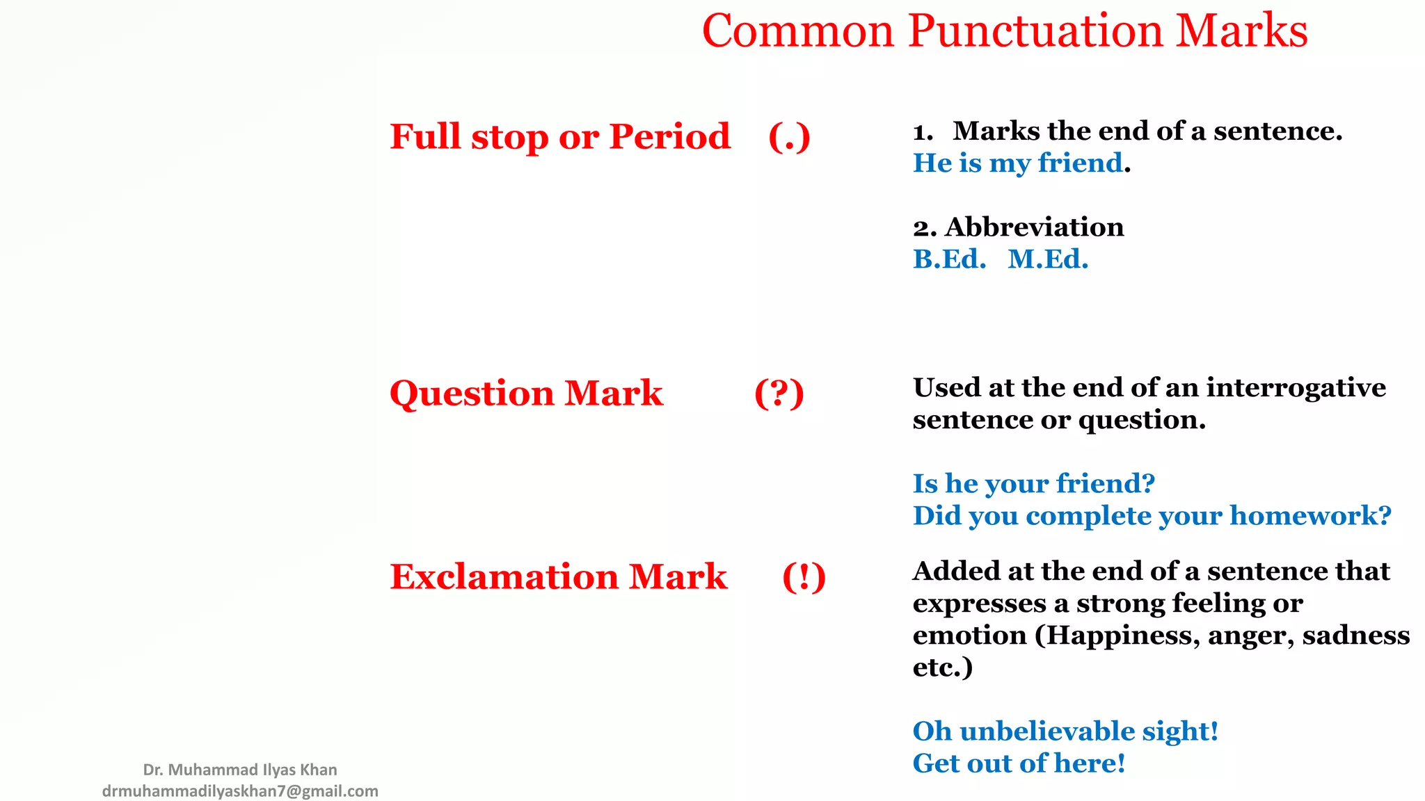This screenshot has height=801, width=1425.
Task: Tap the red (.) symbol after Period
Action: click(789, 137)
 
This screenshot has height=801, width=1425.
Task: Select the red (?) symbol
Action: click(779, 394)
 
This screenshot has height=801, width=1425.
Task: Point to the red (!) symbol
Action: click(804, 577)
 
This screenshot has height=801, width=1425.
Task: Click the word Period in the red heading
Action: click(669, 136)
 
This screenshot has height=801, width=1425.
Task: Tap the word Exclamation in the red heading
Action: click(504, 577)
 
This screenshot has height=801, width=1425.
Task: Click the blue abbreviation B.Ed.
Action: click(949, 259)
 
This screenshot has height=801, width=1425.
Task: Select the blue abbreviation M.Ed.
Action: click(1048, 259)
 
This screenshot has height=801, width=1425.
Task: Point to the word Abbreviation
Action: click(1034, 227)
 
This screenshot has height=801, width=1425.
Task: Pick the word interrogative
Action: click(1296, 388)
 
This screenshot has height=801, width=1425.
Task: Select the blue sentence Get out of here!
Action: click(1019, 763)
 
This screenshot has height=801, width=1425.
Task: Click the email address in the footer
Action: click(240, 791)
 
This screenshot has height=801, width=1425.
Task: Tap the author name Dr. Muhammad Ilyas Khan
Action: click(240, 770)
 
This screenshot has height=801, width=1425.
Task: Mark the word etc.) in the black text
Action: click(942, 667)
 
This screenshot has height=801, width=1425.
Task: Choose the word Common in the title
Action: click(797, 31)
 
